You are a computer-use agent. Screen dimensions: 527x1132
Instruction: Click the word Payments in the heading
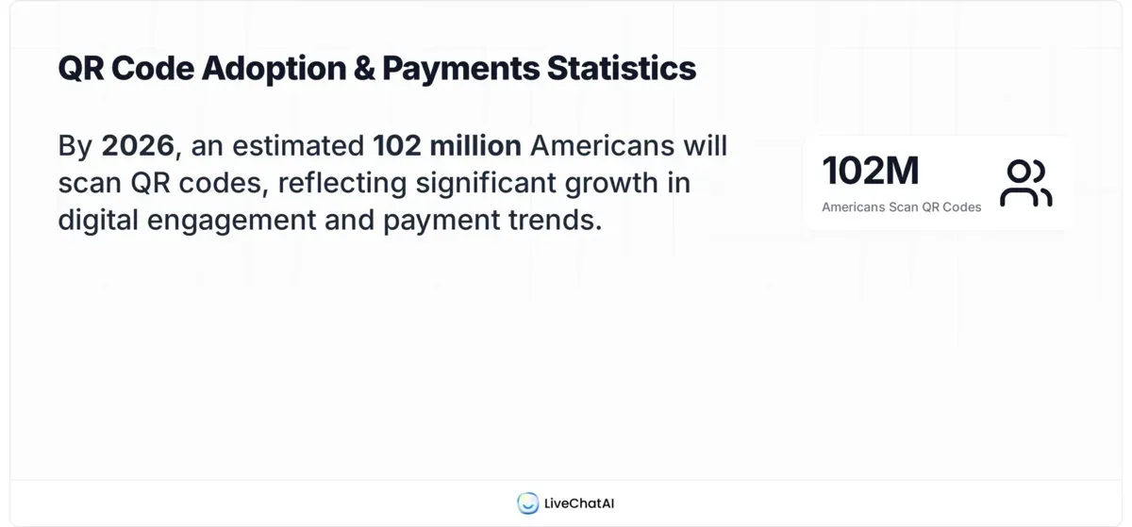point(460,68)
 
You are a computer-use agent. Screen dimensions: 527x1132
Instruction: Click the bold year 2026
point(138,146)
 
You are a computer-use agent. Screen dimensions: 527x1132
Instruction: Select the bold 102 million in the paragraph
point(447,146)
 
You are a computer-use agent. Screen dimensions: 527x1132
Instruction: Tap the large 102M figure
point(870,171)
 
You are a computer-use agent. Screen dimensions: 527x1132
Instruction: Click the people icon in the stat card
point(1025,183)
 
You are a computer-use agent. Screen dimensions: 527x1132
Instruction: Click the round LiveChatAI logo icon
point(527,503)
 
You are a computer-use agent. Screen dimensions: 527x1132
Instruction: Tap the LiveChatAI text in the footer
point(579,503)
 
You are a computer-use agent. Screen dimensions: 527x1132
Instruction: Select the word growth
point(612,183)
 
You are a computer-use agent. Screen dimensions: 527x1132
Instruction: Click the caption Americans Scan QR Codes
point(901,206)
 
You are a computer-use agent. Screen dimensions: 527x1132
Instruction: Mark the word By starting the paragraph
point(75,146)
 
